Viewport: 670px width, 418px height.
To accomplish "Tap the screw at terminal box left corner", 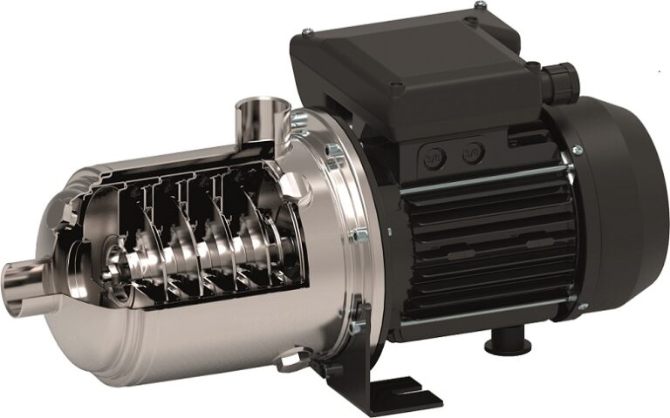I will point(307,35).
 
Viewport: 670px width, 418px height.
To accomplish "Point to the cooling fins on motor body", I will point(489,235).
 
